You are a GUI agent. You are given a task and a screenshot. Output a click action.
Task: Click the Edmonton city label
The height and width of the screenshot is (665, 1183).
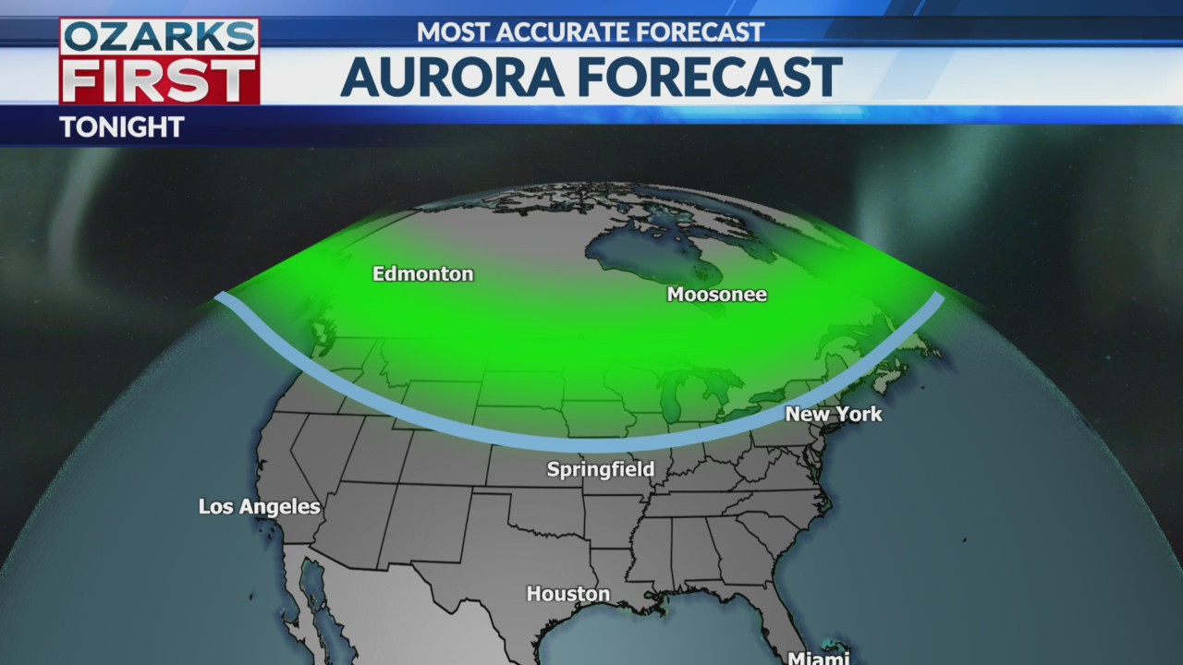(422, 274)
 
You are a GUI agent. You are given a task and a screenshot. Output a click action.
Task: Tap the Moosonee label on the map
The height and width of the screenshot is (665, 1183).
(716, 296)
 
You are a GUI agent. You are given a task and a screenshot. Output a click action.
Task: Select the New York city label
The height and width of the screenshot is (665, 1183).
(833, 415)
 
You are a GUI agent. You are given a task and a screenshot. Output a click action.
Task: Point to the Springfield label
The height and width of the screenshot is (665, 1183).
(600, 470)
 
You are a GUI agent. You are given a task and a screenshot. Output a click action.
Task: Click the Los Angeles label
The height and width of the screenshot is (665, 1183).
(259, 507)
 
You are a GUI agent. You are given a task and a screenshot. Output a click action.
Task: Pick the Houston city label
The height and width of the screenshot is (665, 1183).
(567, 595)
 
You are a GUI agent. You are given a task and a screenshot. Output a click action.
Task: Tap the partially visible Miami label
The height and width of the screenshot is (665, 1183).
(818, 658)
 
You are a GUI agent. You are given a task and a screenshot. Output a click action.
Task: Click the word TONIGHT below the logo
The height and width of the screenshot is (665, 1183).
(121, 127)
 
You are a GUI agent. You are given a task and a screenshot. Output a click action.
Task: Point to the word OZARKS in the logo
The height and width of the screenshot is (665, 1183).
(159, 38)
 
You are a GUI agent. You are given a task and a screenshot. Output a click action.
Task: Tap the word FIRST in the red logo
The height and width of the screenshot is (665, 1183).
(159, 81)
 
